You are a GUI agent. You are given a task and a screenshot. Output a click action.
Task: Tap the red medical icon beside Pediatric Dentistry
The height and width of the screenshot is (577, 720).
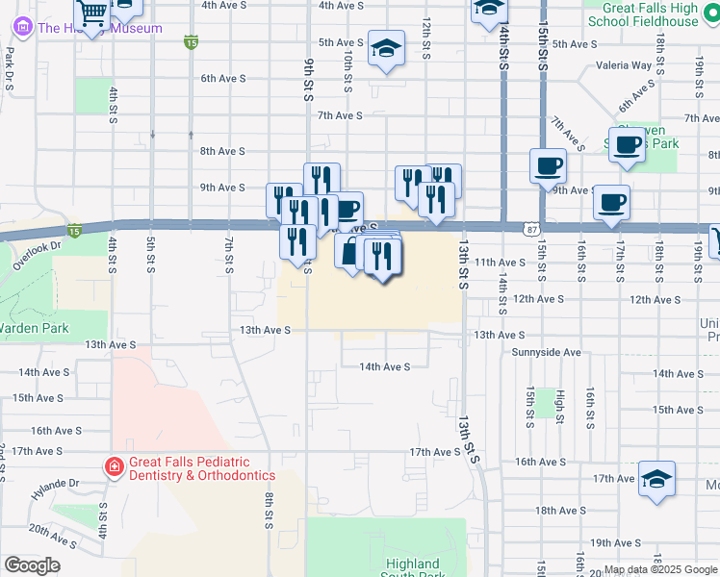[114, 468]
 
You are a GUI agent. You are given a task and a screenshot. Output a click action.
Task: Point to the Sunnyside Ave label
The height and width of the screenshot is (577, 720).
[546, 353]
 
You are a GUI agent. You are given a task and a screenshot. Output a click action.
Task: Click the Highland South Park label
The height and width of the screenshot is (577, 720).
[412, 569]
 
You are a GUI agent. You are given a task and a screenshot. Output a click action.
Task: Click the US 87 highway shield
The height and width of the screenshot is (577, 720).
[531, 229]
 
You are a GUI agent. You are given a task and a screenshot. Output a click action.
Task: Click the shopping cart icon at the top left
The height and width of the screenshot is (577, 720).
[92, 13]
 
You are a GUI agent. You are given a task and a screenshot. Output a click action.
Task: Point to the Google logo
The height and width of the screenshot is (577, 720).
[32, 565]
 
